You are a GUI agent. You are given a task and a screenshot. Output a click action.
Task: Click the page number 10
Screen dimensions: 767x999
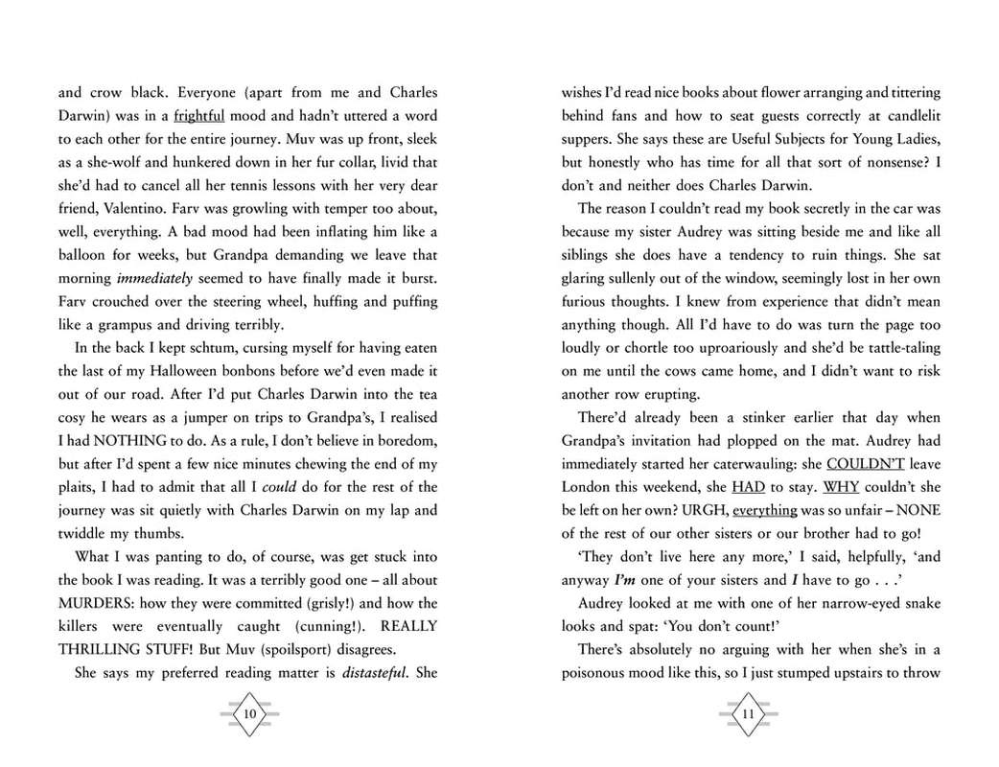click(249, 714)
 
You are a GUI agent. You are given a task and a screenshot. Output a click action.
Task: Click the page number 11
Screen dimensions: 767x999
click(748, 714)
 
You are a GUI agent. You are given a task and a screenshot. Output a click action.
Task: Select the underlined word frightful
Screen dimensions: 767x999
click(199, 116)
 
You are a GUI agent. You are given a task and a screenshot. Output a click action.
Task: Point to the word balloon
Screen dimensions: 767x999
click(84, 256)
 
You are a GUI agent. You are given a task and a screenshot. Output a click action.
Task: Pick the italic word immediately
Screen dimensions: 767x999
click(154, 279)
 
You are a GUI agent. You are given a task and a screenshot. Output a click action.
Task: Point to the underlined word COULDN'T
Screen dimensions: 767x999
click(866, 464)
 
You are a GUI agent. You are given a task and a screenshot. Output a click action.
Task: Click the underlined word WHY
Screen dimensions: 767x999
click(842, 487)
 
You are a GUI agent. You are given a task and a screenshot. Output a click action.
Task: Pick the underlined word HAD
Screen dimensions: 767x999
click(748, 487)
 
